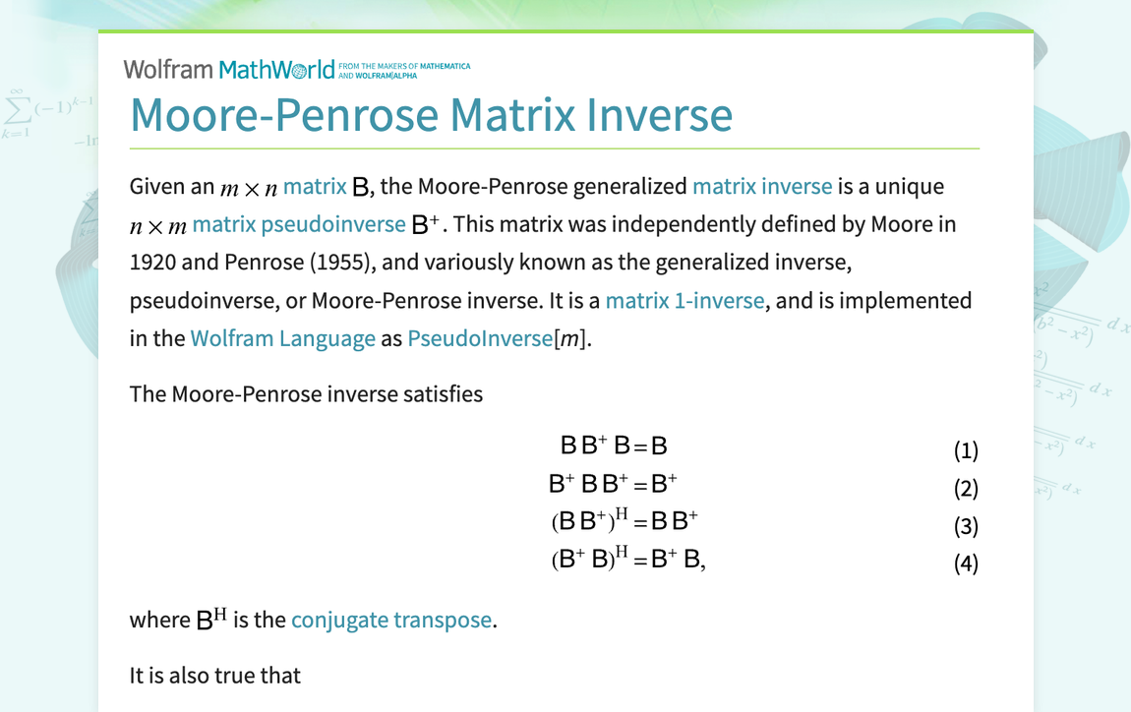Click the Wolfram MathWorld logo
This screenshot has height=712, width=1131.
(x=296, y=69)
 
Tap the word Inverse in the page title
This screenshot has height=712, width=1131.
(x=659, y=115)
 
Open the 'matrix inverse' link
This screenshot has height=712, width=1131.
(x=762, y=186)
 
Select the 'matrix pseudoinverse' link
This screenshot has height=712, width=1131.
(x=299, y=224)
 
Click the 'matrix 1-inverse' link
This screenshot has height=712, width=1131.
(x=685, y=300)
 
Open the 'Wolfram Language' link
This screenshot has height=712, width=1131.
(x=283, y=338)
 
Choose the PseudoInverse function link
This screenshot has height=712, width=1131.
(x=480, y=338)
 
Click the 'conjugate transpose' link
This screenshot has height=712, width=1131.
(x=391, y=620)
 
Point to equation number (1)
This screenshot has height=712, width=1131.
(x=966, y=450)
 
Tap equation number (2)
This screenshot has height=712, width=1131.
(x=966, y=489)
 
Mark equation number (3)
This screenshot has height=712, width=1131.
(x=966, y=526)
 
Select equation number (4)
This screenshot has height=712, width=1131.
(x=966, y=563)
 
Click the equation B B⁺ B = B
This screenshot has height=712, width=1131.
(x=614, y=445)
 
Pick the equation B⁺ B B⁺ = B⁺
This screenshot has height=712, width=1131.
(x=613, y=483)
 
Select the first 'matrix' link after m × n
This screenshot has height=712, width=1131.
(x=315, y=186)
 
